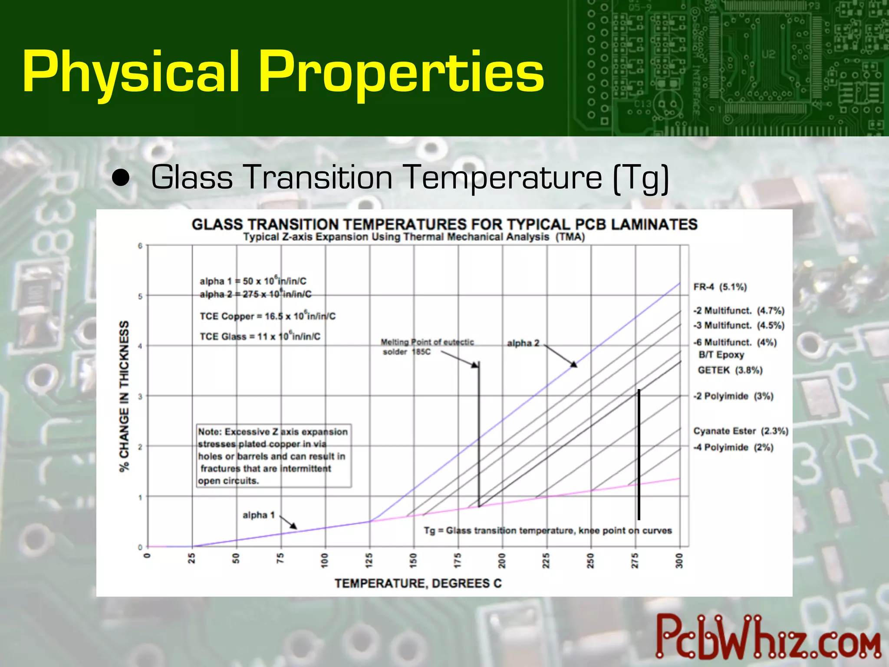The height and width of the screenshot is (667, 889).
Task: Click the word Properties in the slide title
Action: [401, 72]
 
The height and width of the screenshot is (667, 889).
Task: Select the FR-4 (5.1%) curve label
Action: [720, 287]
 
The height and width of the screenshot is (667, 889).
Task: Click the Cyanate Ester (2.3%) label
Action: [741, 431]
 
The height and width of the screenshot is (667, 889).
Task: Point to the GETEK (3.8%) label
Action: [730, 370]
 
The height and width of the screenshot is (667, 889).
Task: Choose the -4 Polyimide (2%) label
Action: [733, 447]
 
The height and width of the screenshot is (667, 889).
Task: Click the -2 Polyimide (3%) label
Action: [733, 396]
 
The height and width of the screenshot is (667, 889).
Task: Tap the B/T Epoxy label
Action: [721, 355]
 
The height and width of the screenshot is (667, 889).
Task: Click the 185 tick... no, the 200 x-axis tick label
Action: [502, 561]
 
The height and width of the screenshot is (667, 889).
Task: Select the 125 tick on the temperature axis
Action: [369, 561]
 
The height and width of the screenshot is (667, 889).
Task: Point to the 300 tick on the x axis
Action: [679, 561]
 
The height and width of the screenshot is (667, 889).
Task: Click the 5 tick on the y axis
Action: [140, 297]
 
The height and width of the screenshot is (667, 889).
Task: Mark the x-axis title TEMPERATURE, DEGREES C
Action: [418, 583]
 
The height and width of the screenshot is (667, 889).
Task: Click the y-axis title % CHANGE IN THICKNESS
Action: [125, 396]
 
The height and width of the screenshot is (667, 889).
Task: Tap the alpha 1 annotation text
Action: [259, 515]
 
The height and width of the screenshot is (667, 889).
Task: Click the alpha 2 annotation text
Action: [523, 343]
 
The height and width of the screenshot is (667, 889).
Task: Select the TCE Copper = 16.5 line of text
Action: [267, 316]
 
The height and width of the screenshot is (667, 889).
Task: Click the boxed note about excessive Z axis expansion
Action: [273, 456]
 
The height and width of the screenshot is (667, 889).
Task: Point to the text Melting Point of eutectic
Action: [427, 342]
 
